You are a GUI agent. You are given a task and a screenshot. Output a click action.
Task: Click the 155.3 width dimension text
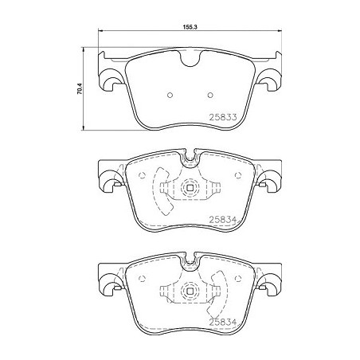click(190, 26)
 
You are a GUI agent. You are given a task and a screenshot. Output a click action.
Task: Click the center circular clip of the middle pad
click(191, 190)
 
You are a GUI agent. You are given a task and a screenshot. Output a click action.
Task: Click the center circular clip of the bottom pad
click(191, 291)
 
